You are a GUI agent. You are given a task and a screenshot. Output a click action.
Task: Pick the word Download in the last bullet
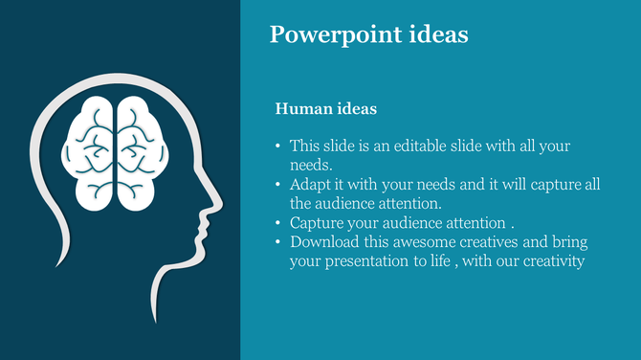coord(322,242)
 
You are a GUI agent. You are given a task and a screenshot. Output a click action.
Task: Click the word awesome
coord(417,242)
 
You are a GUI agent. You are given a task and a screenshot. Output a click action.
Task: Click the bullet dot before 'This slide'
coord(278,146)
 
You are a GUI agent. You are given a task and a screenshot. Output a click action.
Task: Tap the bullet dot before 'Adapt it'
coord(278,185)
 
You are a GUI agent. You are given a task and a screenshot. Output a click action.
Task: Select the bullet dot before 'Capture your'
coord(278,223)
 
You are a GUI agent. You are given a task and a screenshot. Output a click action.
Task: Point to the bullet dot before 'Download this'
coord(278,242)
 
